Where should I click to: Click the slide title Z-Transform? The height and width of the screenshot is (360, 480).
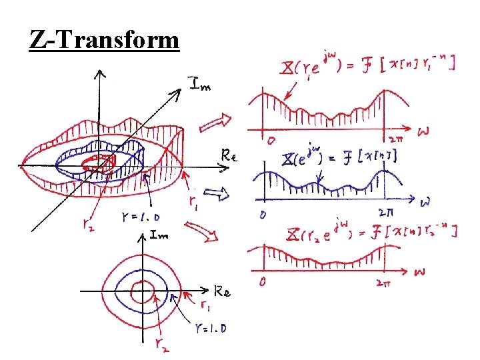point(105,41)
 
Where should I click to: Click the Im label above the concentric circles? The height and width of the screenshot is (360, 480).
point(159,235)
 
